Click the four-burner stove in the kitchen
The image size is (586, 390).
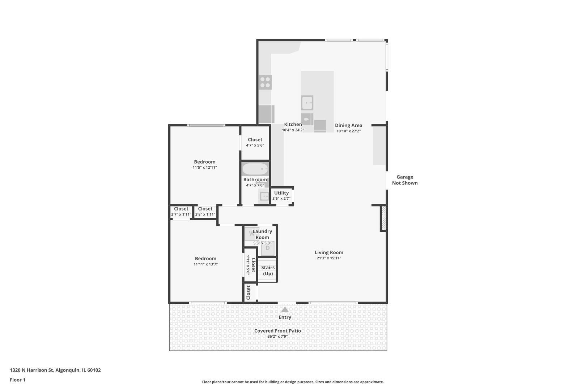click(265, 82)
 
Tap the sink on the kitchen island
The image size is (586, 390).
click(307, 103)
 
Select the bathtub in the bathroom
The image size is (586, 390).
click(255, 169)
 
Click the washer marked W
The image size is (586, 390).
click(251, 234)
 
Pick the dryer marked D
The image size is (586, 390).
click(267, 248)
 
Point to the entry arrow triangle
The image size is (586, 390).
click(285, 309)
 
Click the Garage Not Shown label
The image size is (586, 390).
click(405, 180)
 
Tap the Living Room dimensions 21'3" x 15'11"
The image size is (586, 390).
click(329, 258)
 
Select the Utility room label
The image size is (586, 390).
click(281, 193)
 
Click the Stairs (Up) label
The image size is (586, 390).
click(268, 270)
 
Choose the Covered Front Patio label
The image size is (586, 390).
click(277, 331)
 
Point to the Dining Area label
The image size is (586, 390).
click(348, 125)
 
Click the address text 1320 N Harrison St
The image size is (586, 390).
click(32, 370)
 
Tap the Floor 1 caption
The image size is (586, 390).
click(17, 380)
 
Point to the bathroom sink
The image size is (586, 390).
click(264, 196)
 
